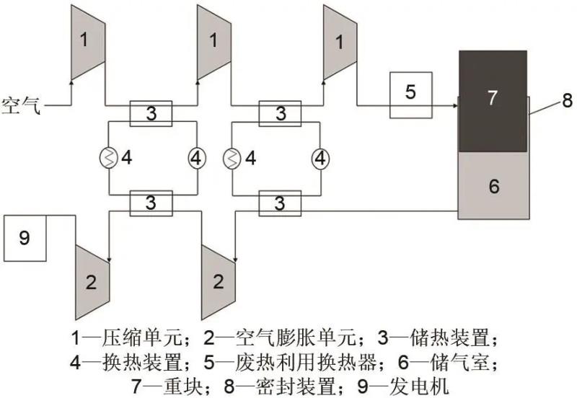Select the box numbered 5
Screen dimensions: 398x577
click(410, 94)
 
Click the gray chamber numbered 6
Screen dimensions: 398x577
click(493, 185)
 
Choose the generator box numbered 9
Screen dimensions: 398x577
click(25, 239)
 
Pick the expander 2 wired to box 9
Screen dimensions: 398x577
click(91, 282)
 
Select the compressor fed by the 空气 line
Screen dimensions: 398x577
click(87, 40)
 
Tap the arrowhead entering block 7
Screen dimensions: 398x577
click(454, 106)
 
